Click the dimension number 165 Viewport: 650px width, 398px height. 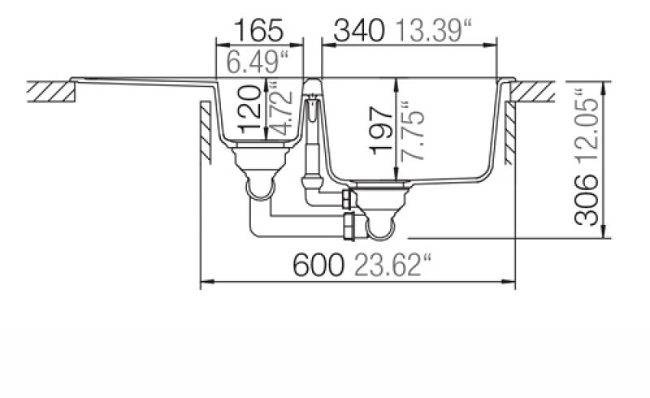(259, 30)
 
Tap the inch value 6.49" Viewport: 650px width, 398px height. (258, 63)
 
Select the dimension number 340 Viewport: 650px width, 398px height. (359, 31)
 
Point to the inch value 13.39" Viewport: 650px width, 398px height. (434, 31)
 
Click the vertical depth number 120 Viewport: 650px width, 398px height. (250, 109)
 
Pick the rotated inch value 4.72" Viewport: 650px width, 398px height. (283, 110)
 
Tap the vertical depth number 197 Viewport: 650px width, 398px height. (381, 131)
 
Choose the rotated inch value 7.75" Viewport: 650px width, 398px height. (413, 131)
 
